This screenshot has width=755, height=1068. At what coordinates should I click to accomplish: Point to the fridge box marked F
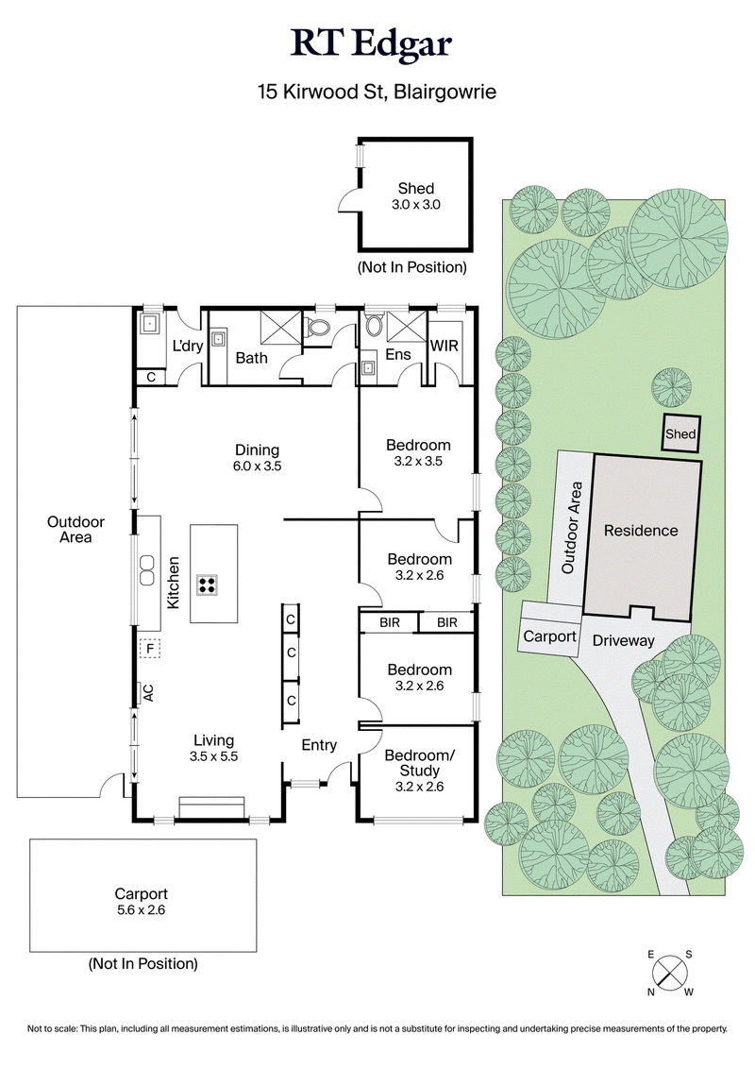(149, 648)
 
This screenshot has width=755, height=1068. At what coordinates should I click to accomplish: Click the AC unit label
(147, 693)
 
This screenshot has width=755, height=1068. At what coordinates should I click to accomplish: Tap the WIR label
(444, 347)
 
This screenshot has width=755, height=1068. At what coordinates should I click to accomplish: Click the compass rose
(670, 970)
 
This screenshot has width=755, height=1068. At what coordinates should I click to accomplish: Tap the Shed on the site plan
(680, 433)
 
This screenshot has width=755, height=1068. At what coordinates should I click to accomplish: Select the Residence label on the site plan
(641, 531)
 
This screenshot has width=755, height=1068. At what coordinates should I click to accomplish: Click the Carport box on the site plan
(549, 636)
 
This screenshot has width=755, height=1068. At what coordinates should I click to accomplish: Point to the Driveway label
(623, 640)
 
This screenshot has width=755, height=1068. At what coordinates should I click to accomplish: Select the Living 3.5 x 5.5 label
(214, 748)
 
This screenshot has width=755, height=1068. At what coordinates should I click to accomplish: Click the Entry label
(319, 745)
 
